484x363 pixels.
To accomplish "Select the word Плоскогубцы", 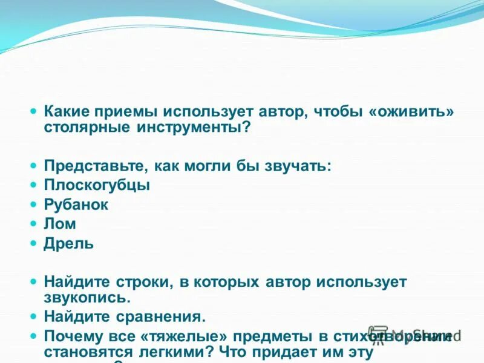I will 97,185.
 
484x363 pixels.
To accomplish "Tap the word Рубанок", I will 76,204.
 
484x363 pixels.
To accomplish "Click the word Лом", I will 60,224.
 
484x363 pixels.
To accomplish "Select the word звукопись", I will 87,298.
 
